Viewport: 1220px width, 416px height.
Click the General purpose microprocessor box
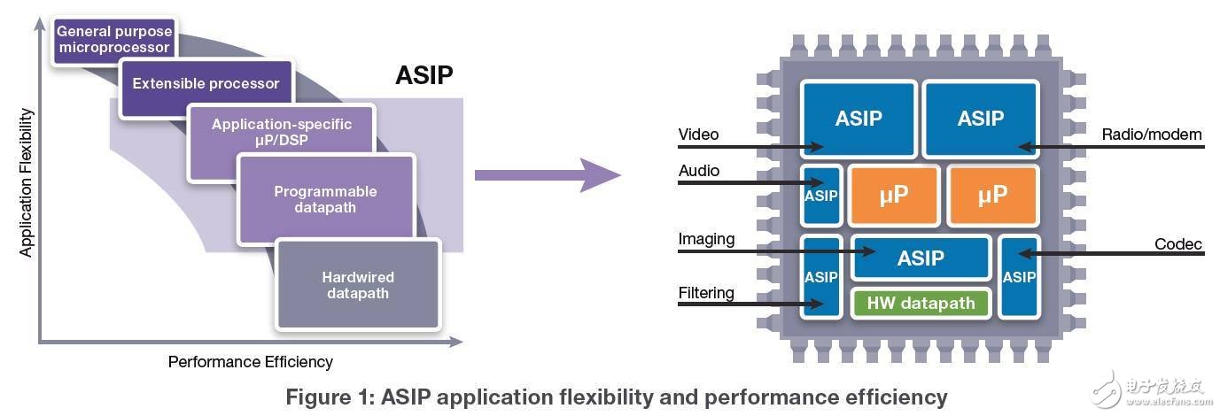113,39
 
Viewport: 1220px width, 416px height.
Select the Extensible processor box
206,84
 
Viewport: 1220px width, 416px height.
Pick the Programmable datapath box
325,201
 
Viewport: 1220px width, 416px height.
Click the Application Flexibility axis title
26,183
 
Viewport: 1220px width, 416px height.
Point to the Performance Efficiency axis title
250,361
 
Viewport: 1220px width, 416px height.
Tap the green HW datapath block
921,304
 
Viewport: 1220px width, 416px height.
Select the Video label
698,135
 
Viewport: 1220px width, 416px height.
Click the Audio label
699,171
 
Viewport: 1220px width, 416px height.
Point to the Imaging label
706,239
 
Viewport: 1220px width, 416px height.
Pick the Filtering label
706,293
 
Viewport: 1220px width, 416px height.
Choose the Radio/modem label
1152,135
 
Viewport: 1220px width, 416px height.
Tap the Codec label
1178,244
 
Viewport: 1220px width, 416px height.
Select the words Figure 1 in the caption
333,397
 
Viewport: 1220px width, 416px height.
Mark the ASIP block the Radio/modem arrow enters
980,119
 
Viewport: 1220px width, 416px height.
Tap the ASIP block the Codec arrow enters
1018,276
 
